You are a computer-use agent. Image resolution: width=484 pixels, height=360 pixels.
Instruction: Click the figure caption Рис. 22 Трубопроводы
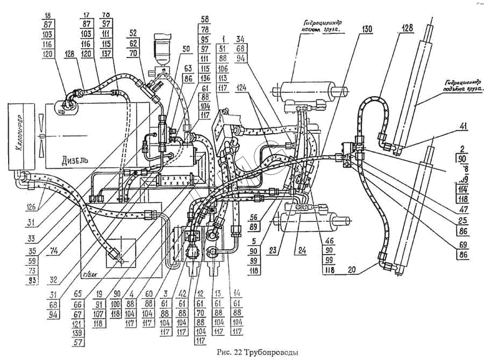256,352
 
